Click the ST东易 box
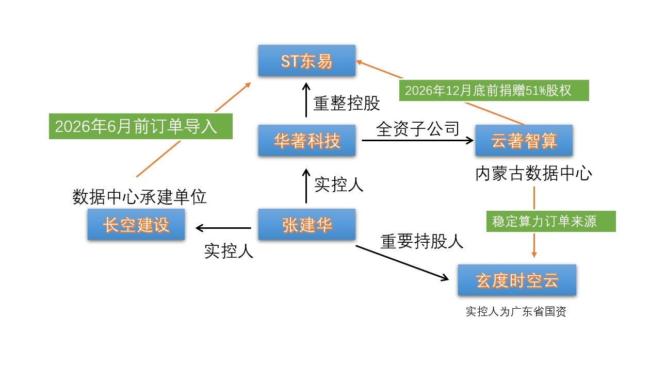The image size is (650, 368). coord(306,61)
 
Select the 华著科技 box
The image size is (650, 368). coord(306,140)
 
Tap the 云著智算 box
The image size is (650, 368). coord(524,140)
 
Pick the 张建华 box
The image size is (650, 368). coord(306,224)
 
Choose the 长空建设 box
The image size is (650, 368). coord(136,224)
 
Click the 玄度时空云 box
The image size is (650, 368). coord(517,280)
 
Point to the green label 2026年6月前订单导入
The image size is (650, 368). coord(141,126)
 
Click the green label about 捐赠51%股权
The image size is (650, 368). coord(494,90)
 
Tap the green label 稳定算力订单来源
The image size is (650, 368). coord(551,222)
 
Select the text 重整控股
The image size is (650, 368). coord(347,103)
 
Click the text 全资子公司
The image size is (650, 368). coord(417,128)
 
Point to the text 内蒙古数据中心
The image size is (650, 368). coord(533,173)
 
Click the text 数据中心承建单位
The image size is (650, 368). coord(139,196)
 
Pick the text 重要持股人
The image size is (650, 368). coord(422,241)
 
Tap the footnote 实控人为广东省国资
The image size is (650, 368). coord(516,311)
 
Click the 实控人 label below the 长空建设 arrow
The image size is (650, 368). coord(229,251)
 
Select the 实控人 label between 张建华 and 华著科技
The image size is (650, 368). coord(339,184)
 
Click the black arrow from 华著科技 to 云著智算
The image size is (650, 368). coord(418,140)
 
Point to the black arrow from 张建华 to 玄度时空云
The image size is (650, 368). coord(402,263)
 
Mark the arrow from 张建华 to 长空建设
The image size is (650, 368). coord(223,227)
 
